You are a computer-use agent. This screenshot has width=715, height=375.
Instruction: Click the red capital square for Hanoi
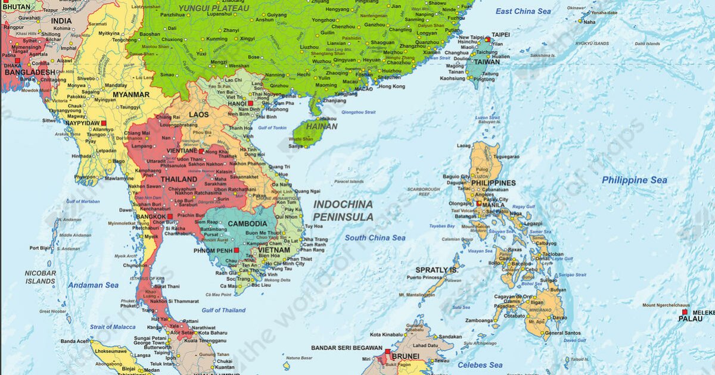[251, 103]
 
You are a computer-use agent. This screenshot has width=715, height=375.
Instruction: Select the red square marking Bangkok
[170, 216]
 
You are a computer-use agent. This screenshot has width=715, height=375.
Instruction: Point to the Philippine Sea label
[635, 180]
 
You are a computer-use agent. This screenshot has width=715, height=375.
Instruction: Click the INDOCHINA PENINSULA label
[343, 210]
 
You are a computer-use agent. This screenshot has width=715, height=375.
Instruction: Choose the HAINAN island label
[322, 126]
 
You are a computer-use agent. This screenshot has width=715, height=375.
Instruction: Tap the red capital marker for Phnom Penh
[237, 251]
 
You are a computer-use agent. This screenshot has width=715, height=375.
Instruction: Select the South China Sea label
[375, 237]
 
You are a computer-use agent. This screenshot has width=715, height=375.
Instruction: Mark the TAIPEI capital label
[500, 35]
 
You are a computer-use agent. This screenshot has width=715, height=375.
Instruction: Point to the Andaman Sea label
[93, 285]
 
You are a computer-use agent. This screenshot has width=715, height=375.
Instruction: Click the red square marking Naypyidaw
[103, 123]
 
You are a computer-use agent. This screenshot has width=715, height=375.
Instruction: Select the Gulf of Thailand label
[223, 310]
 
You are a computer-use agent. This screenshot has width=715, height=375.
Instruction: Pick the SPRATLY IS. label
[437, 270]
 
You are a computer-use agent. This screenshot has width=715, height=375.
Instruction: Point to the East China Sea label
[523, 11]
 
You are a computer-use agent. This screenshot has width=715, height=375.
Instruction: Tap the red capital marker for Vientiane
[201, 151]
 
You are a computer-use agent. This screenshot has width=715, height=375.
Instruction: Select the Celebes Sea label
[480, 365]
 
